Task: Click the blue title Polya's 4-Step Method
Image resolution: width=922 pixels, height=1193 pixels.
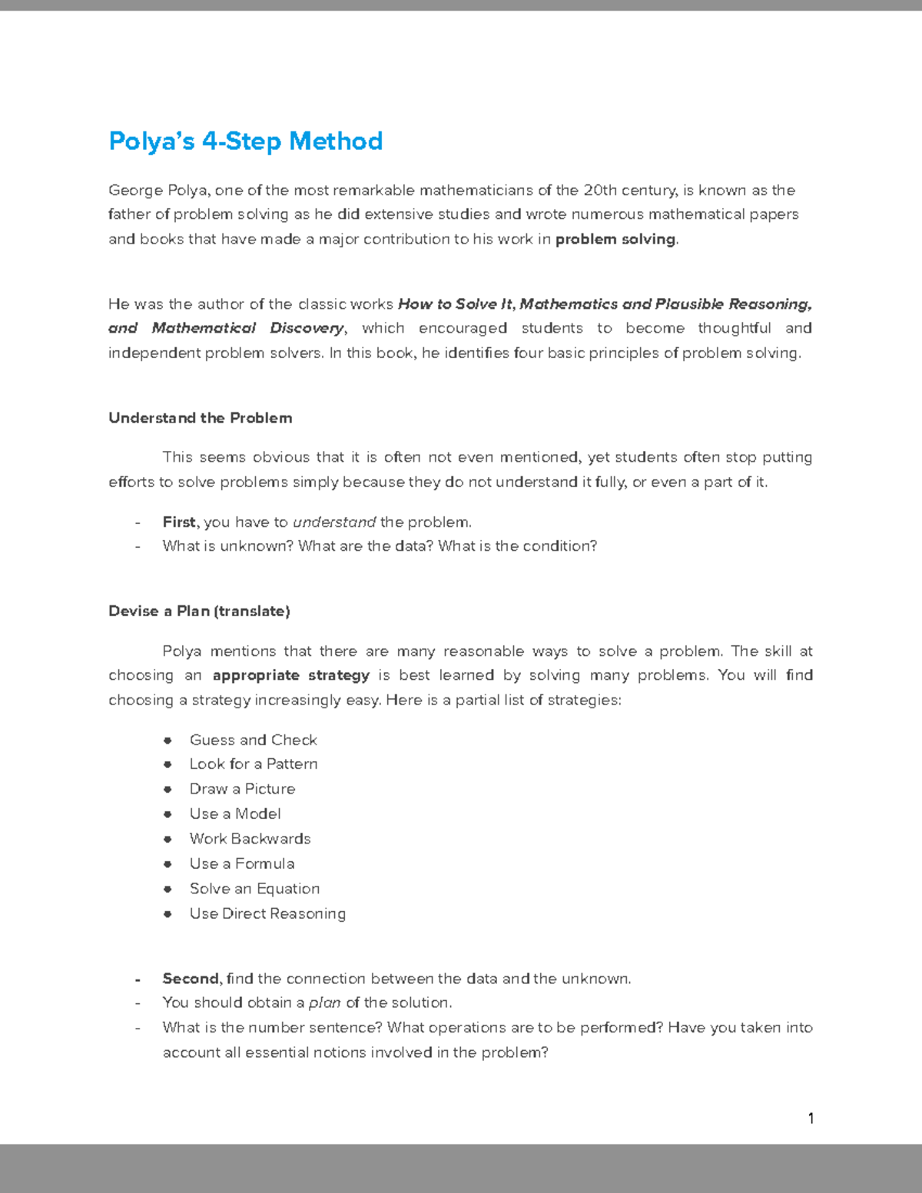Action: (245, 141)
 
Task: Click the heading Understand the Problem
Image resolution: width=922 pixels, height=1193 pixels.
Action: (200, 418)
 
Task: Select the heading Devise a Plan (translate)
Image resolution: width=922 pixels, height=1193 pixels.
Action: (199, 611)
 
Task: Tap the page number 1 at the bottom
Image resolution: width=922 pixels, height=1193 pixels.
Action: (811, 1118)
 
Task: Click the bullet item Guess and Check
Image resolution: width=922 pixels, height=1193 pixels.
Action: (253, 740)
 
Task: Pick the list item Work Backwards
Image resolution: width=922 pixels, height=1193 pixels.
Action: (250, 839)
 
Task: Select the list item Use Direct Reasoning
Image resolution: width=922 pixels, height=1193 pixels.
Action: (267, 913)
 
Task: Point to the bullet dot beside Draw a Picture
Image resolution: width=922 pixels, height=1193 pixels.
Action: (167, 789)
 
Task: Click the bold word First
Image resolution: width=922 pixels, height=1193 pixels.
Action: (179, 522)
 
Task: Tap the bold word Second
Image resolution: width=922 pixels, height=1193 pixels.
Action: (191, 979)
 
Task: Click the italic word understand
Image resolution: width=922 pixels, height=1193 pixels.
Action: (334, 522)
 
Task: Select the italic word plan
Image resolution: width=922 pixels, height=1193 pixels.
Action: (324, 1003)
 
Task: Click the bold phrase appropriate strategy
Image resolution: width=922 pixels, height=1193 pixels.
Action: (290, 675)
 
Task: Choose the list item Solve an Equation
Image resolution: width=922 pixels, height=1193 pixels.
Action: (254, 889)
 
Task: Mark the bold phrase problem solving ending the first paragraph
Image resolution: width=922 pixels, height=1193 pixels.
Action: (615, 240)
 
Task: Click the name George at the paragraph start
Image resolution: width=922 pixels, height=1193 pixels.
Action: (135, 191)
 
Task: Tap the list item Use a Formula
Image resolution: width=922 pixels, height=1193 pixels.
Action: (242, 864)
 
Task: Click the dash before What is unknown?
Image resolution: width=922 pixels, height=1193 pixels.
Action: (138, 547)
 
